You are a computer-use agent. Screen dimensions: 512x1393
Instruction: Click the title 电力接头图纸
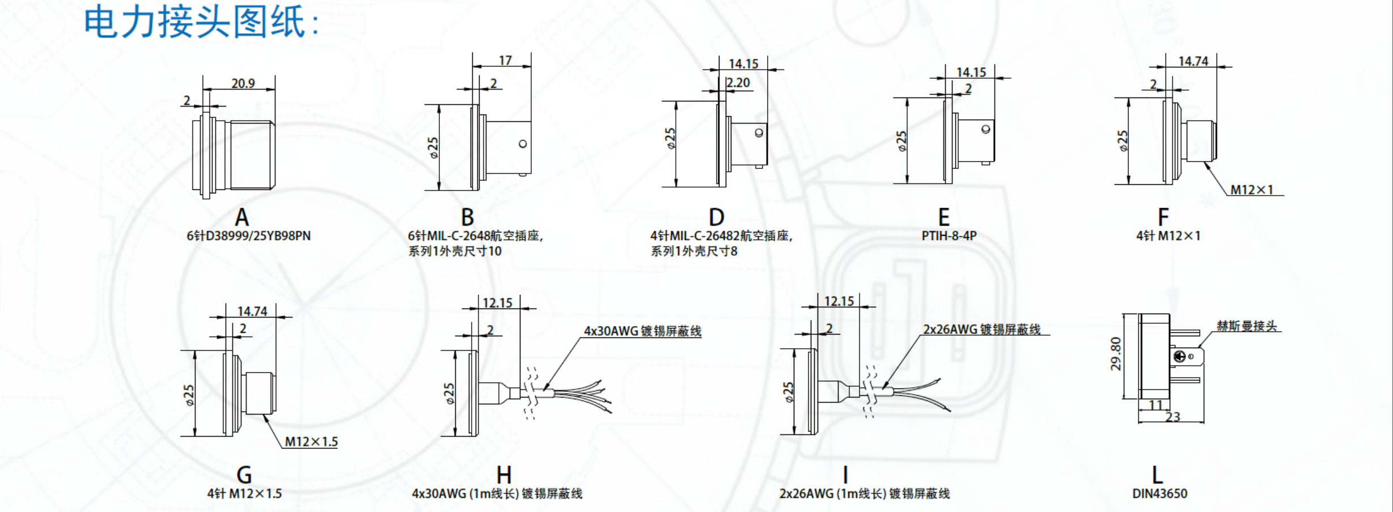tap(201, 22)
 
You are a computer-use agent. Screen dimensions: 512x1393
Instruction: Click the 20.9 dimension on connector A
tap(243, 83)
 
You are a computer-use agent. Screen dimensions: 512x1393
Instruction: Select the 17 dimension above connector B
tap(505, 60)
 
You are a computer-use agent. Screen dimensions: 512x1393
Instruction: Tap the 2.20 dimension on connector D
tap(738, 83)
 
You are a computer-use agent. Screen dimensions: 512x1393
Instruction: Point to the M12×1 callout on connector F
tap(1251, 190)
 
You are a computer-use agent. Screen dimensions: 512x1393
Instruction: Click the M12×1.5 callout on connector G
tap(311, 442)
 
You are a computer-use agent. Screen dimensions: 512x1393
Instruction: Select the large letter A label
tap(242, 218)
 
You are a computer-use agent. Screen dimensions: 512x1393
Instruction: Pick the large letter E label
tap(943, 218)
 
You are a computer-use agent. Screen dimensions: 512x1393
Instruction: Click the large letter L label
tap(1157, 475)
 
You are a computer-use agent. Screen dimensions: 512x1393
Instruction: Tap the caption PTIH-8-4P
tap(949, 236)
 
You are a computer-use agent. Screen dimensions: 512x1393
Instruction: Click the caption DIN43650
tap(1159, 493)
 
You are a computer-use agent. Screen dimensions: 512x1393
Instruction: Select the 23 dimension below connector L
tap(1172, 417)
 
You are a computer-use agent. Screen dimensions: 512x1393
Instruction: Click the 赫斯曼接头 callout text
tap(1247, 326)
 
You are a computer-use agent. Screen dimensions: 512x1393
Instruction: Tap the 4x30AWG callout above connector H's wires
tap(642, 331)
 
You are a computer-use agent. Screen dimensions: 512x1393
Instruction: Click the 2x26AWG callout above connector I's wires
tap(981, 329)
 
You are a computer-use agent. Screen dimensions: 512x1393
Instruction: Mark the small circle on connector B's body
tap(523, 144)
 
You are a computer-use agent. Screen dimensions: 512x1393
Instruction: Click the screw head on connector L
tap(1180, 356)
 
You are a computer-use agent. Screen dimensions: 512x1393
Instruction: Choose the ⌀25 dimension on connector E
tap(901, 141)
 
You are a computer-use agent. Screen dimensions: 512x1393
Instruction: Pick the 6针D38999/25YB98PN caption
tap(248, 236)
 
